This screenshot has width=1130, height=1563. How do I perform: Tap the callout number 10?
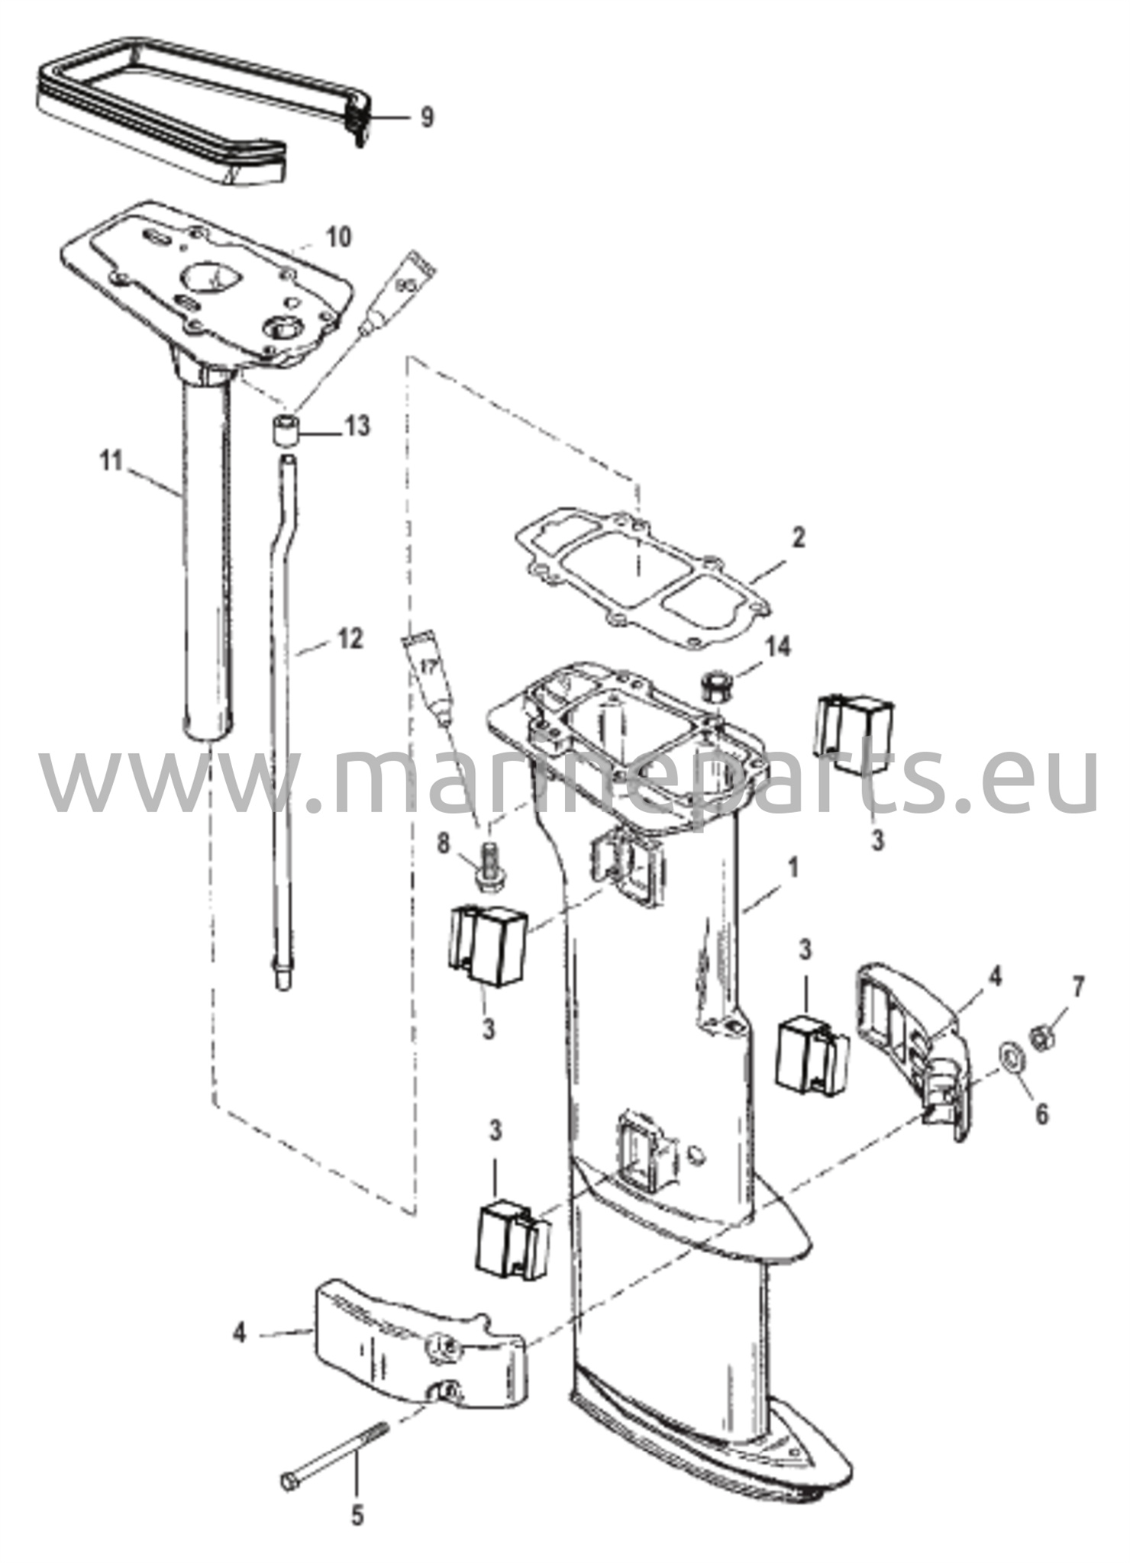[336, 237]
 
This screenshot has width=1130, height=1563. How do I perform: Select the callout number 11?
[112, 462]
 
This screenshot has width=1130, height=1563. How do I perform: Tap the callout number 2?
[797, 537]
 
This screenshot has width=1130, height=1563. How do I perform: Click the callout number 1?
[793, 868]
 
